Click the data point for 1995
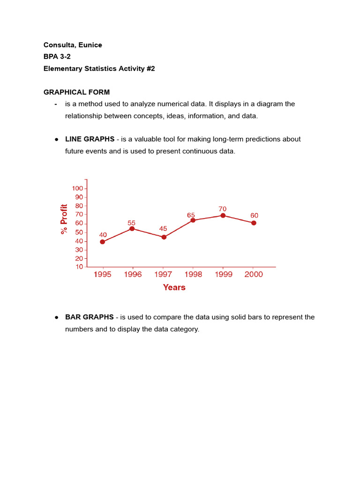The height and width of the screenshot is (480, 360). (x=103, y=242)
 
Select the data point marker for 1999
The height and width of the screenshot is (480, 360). (x=223, y=216)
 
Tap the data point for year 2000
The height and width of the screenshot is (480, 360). (x=254, y=223)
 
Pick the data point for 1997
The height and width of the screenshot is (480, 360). (x=164, y=237)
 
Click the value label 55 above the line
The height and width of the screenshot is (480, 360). (x=132, y=223)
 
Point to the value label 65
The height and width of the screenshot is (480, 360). (x=191, y=215)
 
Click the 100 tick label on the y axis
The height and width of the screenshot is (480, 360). (x=77, y=188)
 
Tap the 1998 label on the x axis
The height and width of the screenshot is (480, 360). (x=193, y=275)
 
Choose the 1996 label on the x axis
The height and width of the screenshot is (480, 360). (x=133, y=275)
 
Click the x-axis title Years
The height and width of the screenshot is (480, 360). (x=174, y=287)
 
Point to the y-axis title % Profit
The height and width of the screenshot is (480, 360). (x=64, y=219)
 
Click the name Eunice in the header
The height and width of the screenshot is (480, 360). (x=91, y=45)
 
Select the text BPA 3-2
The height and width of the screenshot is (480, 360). (x=57, y=57)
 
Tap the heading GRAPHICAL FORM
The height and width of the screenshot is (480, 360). (x=76, y=92)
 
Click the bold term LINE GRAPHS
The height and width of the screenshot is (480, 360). (x=90, y=139)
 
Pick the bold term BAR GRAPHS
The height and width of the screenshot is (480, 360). (x=89, y=317)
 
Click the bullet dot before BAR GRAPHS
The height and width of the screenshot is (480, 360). (x=56, y=317)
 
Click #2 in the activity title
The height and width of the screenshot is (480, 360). (x=150, y=68)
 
